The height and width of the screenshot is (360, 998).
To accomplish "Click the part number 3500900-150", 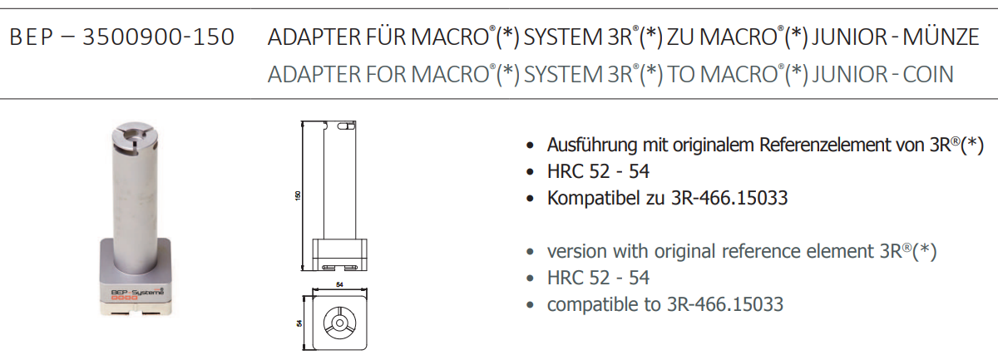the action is point(158,37).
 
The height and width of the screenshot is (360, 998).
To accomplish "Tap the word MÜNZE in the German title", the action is point(941,36).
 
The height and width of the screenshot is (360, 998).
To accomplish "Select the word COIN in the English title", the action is point(928,74).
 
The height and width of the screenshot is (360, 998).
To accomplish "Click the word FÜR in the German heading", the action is point(386,36).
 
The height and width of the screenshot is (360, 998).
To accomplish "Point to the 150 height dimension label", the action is point(298,195).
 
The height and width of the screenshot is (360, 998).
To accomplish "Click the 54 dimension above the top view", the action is point(339,284).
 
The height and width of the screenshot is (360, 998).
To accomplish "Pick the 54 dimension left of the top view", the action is point(299,323).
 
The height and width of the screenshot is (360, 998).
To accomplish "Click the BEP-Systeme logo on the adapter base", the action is point(137,293).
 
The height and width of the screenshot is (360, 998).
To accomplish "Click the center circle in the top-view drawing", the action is point(339,323).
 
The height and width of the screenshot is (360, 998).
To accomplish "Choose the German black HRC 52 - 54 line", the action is point(598,171).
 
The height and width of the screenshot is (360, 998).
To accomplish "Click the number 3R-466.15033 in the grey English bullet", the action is point(725,304).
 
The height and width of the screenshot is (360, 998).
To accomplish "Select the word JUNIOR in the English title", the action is point(850,74).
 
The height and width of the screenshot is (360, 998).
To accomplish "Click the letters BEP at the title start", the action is point(32,37).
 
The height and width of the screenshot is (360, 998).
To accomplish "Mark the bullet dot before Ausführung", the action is point(530,145).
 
